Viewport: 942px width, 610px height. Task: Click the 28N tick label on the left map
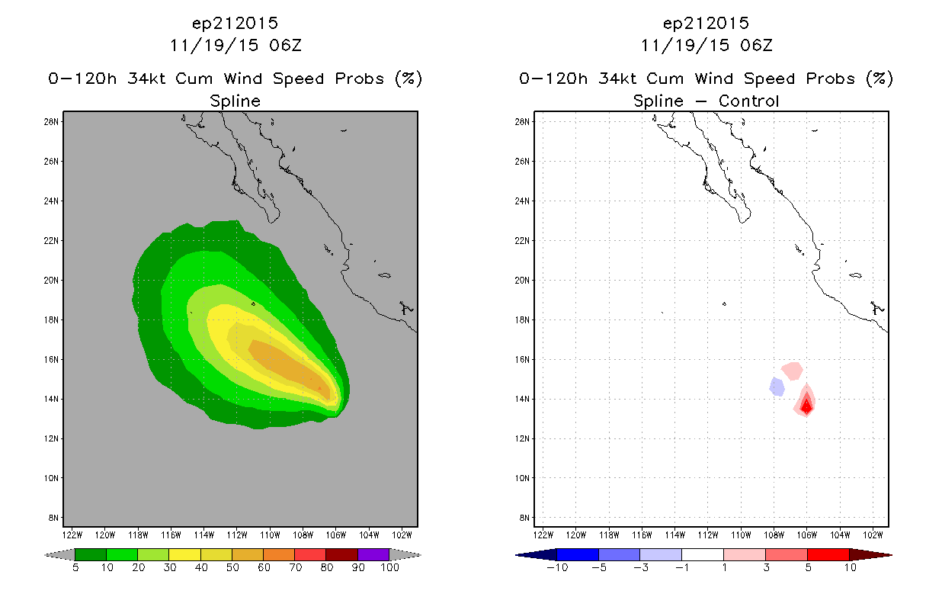51,122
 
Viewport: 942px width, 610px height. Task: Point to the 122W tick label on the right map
543,535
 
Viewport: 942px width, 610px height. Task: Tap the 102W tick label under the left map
402,535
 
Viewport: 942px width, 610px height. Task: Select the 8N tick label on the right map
524,518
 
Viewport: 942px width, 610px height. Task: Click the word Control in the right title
748,101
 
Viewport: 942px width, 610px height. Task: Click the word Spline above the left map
235,101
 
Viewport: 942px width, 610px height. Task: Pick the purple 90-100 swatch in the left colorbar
373,555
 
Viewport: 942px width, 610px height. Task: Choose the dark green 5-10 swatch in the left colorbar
91,555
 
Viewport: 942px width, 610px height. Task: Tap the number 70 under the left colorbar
295,568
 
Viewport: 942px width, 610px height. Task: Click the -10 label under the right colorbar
557,568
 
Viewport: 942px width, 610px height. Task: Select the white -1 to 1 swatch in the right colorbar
702,555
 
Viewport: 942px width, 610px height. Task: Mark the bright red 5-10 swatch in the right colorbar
828,555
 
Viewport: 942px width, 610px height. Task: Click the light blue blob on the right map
777,387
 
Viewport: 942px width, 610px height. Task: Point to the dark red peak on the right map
806,406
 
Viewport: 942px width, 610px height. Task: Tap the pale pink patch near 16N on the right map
793,371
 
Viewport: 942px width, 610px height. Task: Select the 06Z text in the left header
285,46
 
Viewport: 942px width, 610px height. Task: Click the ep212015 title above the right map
706,24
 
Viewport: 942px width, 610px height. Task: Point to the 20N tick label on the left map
51,281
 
